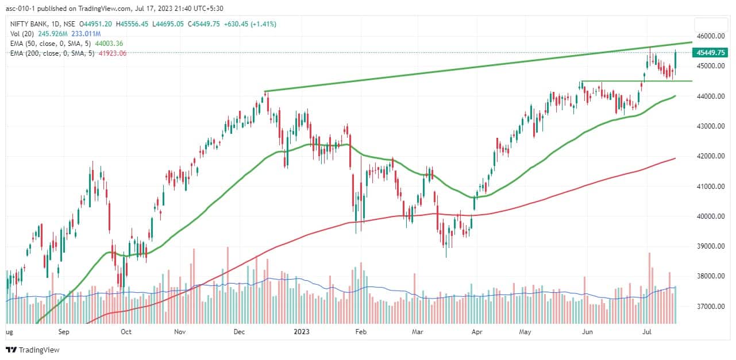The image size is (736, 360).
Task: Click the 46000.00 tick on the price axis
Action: pyautogui.click(x=709, y=36)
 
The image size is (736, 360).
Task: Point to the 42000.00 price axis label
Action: pyautogui.click(x=709, y=156)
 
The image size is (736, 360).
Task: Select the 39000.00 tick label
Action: pyautogui.click(x=709, y=246)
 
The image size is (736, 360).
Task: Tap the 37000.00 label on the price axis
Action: pyautogui.click(x=709, y=307)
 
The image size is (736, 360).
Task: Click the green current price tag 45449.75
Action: pyautogui.click(x=711, y=52)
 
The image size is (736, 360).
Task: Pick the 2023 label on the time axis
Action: pyautogui.click(x=302, y=331)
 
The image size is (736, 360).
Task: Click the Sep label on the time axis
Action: pyautogui.click(x=63, y=331)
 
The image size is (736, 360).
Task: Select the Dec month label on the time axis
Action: pyautogui.click(x=240, y=331)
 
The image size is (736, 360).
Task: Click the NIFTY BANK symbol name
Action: pyautogui.click(x=29, y=24)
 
